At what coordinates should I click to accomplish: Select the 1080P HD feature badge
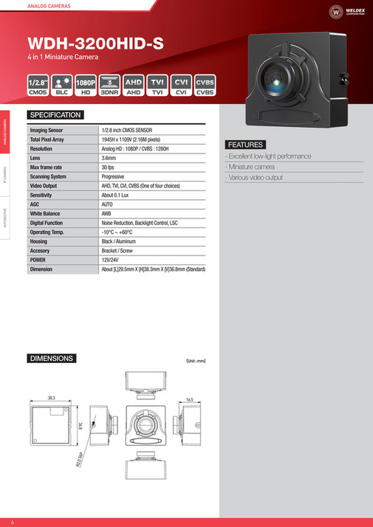pos(85,86)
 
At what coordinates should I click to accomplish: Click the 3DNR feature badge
pos(109,86)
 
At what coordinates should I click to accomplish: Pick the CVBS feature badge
pos(205,86)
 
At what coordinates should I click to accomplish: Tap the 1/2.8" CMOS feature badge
pos(38,86)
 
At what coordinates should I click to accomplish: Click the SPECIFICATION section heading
pos(55,115)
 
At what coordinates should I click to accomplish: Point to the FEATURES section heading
pos(245,145)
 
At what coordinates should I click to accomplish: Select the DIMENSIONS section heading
pos(51,359)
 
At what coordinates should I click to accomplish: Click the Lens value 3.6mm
pos(109,158)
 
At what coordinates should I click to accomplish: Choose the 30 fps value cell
pos(109,168)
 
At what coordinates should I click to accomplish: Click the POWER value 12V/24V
pos(111,261)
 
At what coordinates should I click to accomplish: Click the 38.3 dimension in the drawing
pos(51,398)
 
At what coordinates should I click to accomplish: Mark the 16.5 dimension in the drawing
pos(189,399)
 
